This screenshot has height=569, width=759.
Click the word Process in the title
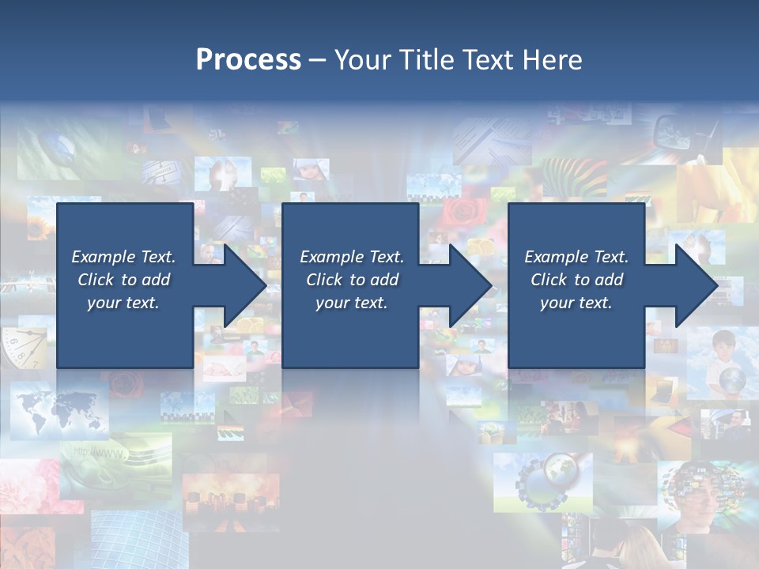pyautogui.click(x=248, y=59)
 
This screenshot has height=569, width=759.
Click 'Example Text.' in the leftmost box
pyautogui.click(x=123, y=257)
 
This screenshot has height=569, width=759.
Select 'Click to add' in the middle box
pyautogui.click(x=352, y=280)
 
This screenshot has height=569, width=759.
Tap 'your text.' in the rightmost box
pyautogui.click(x=576, y=303)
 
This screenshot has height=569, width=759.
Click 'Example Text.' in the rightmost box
pyautogui.click(x=576, y=257)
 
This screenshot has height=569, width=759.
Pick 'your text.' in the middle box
pyautogui.click(x=352, y=303)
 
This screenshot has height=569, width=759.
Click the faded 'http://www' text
pyautogui.click(x=99, y=454)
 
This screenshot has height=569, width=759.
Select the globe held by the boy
pyautogui.click(x=731, y=381)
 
